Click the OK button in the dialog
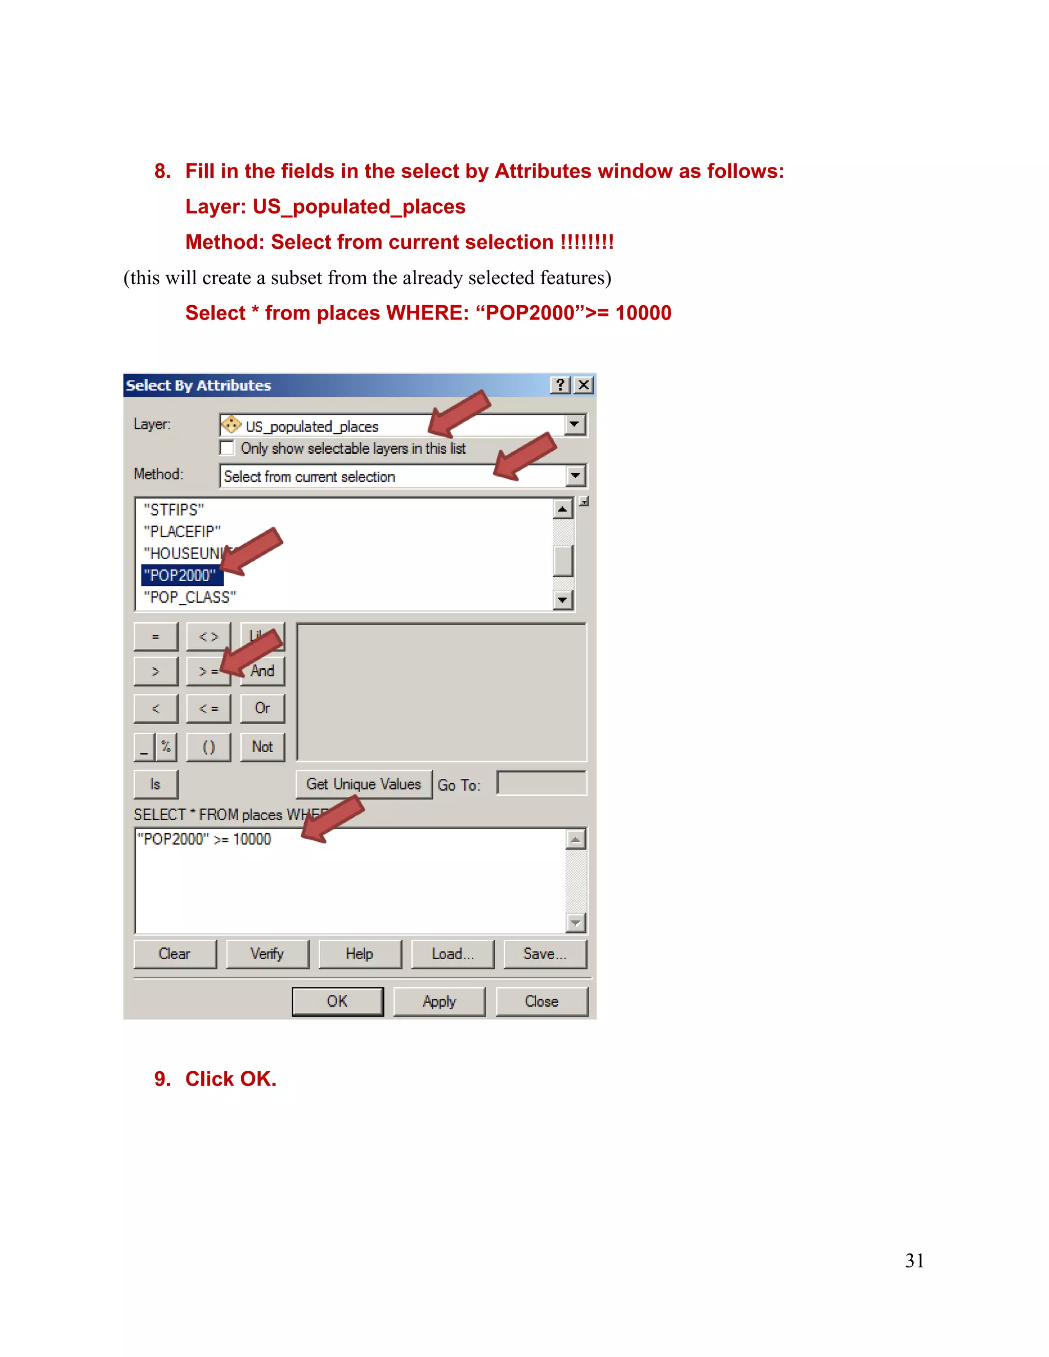tap(338, 1001)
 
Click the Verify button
tap(267, 954)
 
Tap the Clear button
tap(175, 954)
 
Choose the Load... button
tap(452, 954)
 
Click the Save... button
tap(545, 954)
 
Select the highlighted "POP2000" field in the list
tap(180, 576)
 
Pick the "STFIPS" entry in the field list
tap(174, 510)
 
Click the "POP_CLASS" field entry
tap(190, 597)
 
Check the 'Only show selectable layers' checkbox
tap(227, 448)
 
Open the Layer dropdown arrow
tap(575, 425)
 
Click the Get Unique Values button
tap(364, 784)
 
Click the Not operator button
tap(262, 747)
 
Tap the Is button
tap(155, 784)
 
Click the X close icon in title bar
tap(583, 385)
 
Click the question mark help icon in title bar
tap(560, 385)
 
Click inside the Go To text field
tap(541, 783)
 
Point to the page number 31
tap(914, 1261)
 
